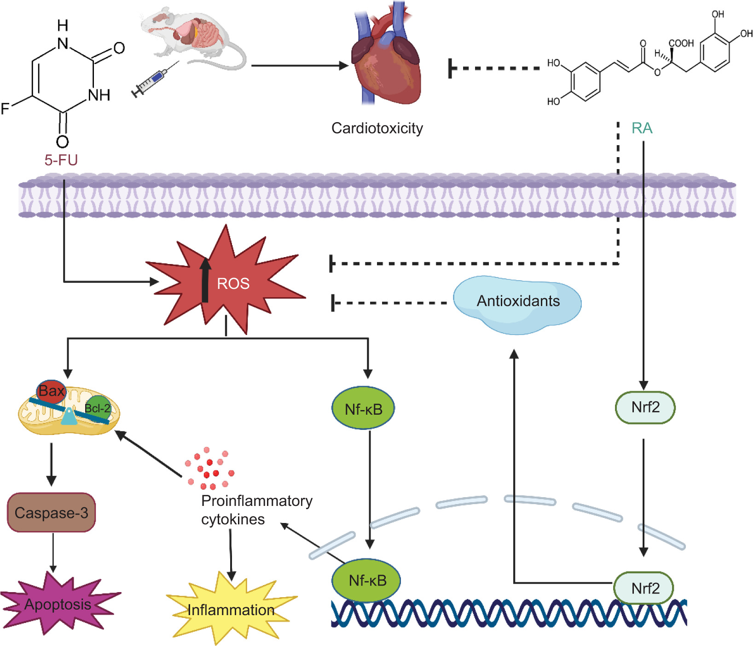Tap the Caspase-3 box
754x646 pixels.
coord(51,512)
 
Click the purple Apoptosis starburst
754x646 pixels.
coord(58,604)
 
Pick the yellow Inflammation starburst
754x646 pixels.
coord(231,609)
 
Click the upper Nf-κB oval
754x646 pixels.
coord(363,408)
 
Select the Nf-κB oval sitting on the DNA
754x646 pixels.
coord(366,580)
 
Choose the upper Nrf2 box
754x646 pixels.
coord(645,407)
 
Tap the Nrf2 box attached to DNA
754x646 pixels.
coord(644,588)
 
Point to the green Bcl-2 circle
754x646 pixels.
coord(98,408)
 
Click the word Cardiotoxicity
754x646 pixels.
coord(377,128)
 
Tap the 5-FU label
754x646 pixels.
coord(61,160)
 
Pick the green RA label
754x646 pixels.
coord(642,128)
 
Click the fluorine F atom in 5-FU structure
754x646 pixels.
coord(6,109)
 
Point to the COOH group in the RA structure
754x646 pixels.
coord(681,43)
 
